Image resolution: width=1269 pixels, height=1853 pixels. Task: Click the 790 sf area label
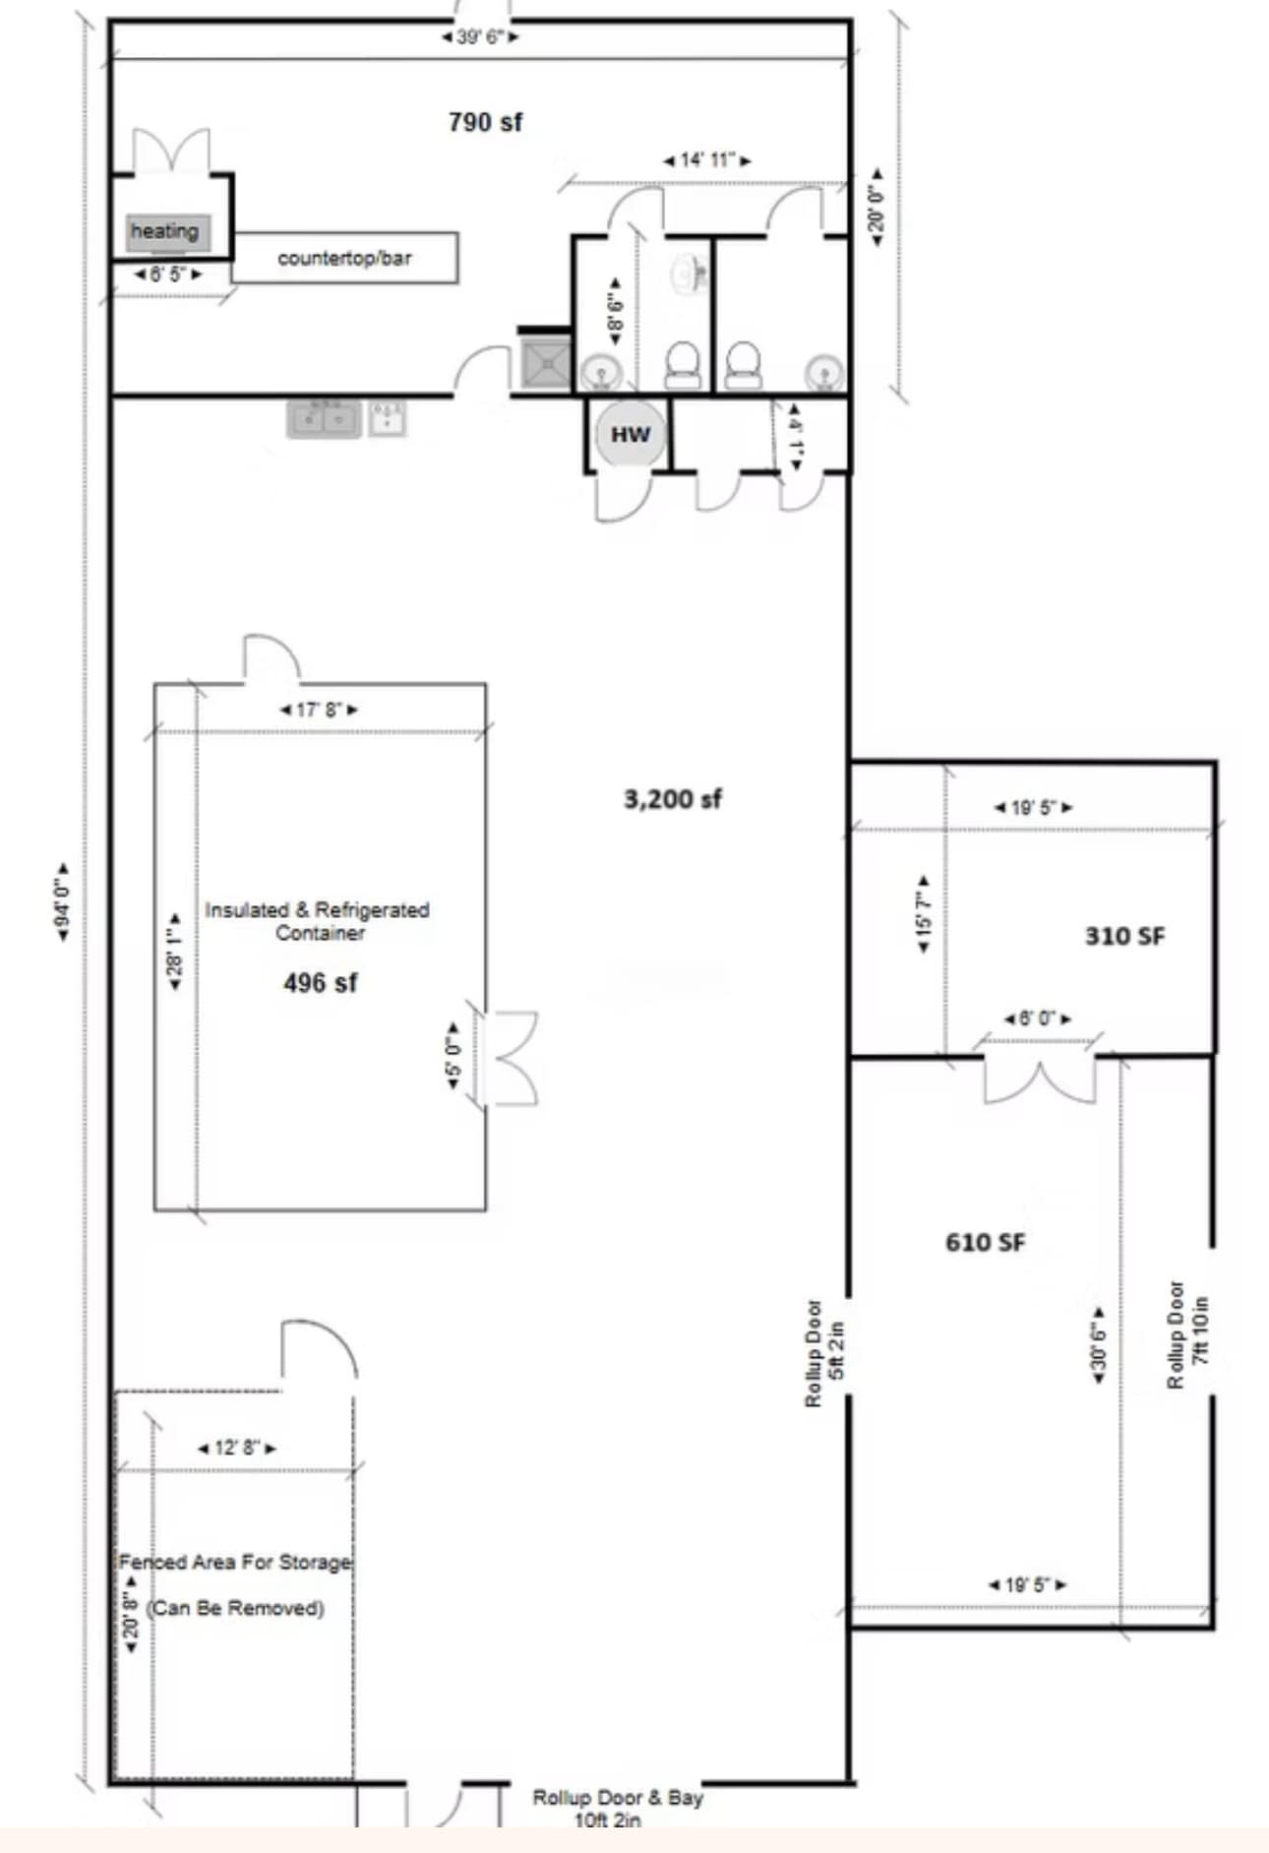(x=485, y=122)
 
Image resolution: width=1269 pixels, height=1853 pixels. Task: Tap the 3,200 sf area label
(x=673, y=798)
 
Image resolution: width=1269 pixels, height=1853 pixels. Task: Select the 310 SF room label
(x=1123, y=936)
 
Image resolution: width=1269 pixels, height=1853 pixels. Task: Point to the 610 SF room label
(x=985, y=1242)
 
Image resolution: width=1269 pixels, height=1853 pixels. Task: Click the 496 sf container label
(x=320, y=982)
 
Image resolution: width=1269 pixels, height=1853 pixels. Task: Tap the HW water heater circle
(x=630, y=434)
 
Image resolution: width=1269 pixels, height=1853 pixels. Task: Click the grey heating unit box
(x=166, y=232)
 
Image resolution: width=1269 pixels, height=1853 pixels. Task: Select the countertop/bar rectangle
(x=344, y=258)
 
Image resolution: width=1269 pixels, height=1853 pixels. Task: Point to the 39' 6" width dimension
(x=480, y=37)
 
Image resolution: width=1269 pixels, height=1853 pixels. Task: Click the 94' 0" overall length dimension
(x=62, y=901)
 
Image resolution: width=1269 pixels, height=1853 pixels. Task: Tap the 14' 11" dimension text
(x=706, y=159)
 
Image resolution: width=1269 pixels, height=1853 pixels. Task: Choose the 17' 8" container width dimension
(x=319, y=709)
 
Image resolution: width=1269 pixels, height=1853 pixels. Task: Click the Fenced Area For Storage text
(x=235, y=1562)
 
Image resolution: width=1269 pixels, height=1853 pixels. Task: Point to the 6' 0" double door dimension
(x=1038, y=1019)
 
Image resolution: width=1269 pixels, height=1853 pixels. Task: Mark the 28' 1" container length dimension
(x=175, y=952)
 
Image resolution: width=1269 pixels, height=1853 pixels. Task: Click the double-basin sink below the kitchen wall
(x=323, y=419)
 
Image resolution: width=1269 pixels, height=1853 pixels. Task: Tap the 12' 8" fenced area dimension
(x=236, y=1448)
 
